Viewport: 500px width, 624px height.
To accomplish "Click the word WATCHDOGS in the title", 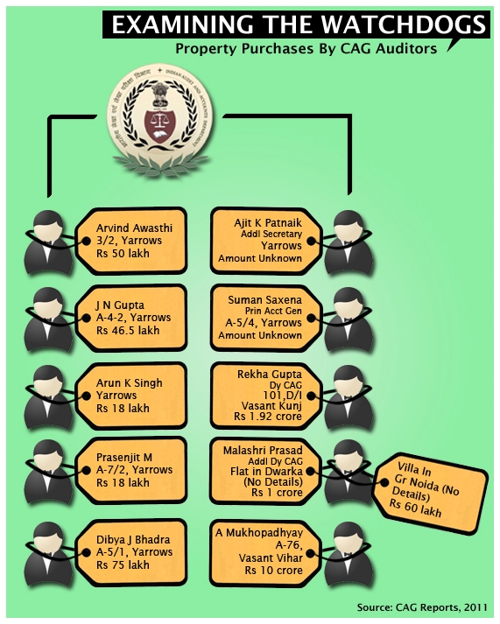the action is [x=404, y=25].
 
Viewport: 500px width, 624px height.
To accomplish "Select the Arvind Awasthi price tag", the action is [x=131, y=241].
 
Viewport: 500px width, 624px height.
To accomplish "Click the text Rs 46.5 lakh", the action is [x=127, y=330].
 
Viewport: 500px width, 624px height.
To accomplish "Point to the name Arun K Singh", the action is [x=130, y=382].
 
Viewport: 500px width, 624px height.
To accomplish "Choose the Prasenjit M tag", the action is [x=131, y=470].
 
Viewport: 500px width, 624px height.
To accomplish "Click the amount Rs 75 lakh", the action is [x=123, y=564].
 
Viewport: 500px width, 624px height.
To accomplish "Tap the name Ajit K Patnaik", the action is [x=268, y=222].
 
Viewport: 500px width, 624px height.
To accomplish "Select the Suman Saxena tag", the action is [x=266, y=318].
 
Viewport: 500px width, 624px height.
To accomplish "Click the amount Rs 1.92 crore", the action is [x=268, y=417].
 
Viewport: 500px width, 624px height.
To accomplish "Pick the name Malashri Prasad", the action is [x=263, y=451].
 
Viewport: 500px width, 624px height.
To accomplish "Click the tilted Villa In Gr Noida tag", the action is [x=430, y=493].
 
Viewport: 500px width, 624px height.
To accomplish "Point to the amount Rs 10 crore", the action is [x=274, y=571].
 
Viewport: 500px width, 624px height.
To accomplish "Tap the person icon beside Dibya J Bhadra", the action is [x=48, y=554].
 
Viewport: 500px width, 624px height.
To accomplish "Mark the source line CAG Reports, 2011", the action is [x=422, y=607].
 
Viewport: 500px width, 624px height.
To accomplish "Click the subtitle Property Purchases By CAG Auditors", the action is [x=306, y=48].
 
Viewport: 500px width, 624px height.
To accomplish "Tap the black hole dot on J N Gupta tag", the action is [x=86, y=318].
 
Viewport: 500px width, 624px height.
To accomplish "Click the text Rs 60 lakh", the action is [x=416, y=508].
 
